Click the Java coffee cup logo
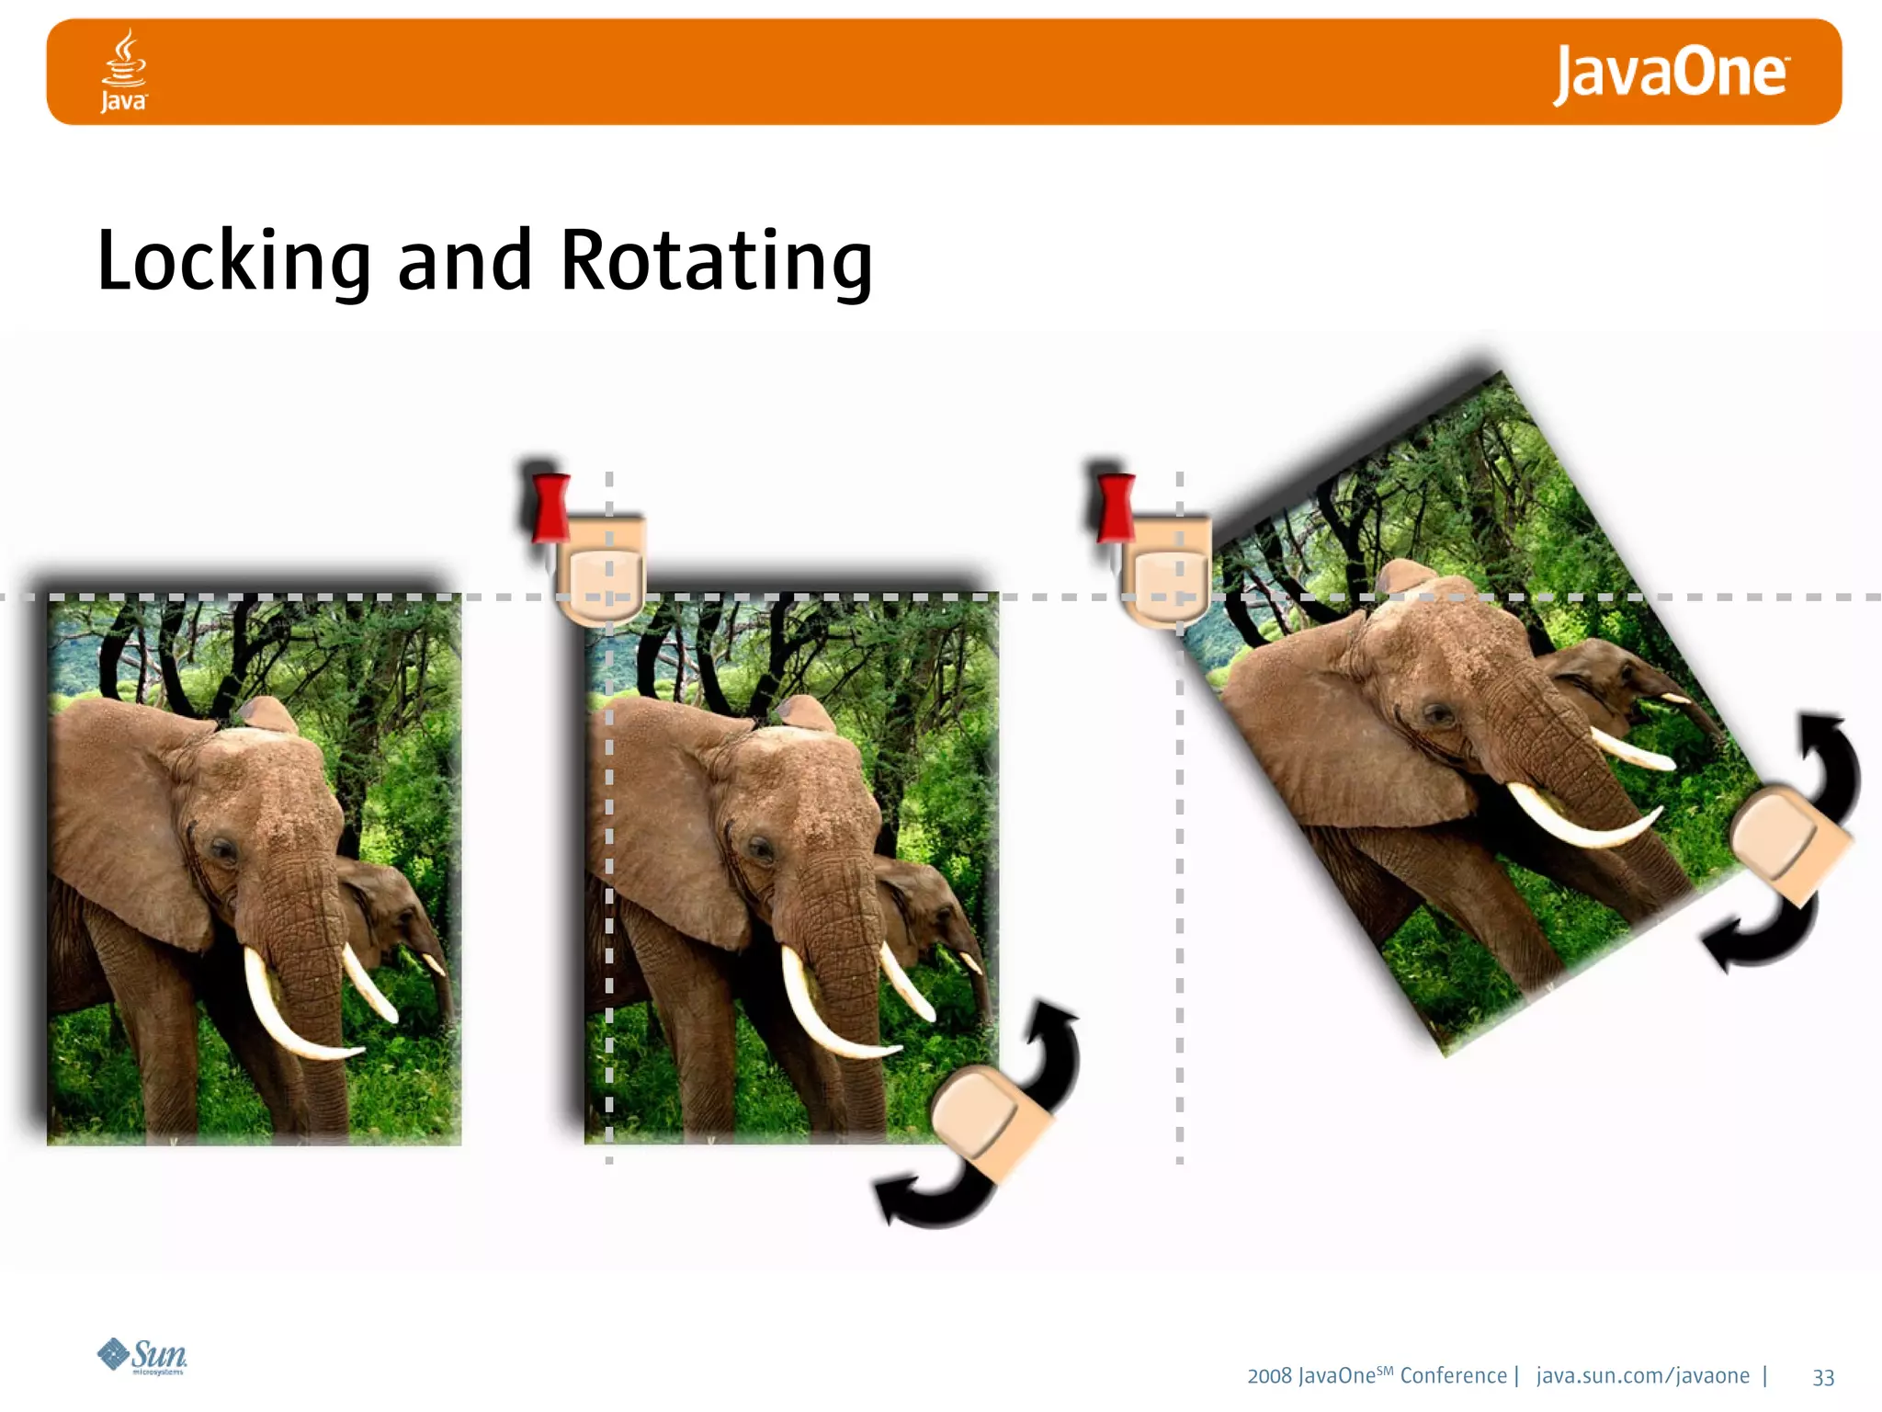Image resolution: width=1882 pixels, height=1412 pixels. click(123, 69)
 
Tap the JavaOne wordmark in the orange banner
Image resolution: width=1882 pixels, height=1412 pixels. click(1669, 73)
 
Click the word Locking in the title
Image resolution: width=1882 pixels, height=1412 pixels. click(233, 261)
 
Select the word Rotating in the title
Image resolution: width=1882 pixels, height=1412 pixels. click(715, 261)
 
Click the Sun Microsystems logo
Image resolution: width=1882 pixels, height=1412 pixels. click(142, 1355)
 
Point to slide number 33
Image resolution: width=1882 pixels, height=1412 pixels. click(1823, 1377)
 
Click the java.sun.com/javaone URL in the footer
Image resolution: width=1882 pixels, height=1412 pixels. click(1642, 1376)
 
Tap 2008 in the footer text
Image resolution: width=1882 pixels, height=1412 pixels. click(1269, 1376)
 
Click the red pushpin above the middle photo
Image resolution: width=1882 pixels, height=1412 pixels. click(550, 508)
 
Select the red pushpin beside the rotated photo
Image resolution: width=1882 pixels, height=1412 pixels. click(1115, 508)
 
